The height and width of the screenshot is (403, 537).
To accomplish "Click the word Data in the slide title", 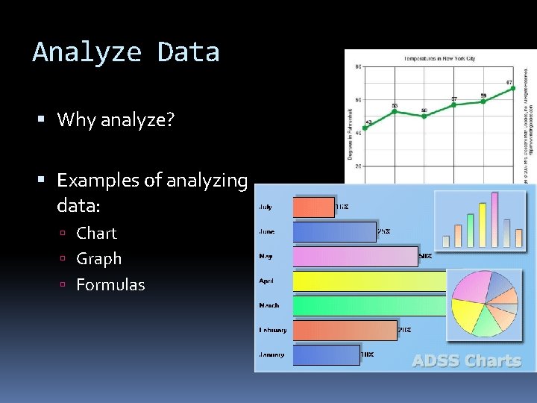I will point(188,52).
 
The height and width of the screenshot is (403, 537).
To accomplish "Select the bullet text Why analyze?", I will point(115,119).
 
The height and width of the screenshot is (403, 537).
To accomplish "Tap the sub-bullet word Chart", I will point(96,233).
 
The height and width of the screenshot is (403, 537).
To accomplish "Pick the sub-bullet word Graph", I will point(98,259).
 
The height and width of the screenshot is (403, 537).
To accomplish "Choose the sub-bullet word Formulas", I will point(110,284).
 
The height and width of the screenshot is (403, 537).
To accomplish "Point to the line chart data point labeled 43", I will point(365,128).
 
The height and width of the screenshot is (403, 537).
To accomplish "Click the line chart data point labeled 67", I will point(512,88).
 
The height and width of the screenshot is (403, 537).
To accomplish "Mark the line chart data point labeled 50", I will point(424,116).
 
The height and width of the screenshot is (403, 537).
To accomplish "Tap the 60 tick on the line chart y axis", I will point(358,100).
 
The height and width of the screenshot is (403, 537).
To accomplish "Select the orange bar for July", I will point(313,207).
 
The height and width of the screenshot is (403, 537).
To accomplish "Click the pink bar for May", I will point(355,257).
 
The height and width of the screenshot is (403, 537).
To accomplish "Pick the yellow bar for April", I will point(370,281).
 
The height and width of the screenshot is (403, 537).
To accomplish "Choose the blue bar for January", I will point(327,355).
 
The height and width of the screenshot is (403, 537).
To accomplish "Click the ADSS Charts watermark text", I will point(467,361).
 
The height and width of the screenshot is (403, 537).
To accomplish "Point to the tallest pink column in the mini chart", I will point(493,219).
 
